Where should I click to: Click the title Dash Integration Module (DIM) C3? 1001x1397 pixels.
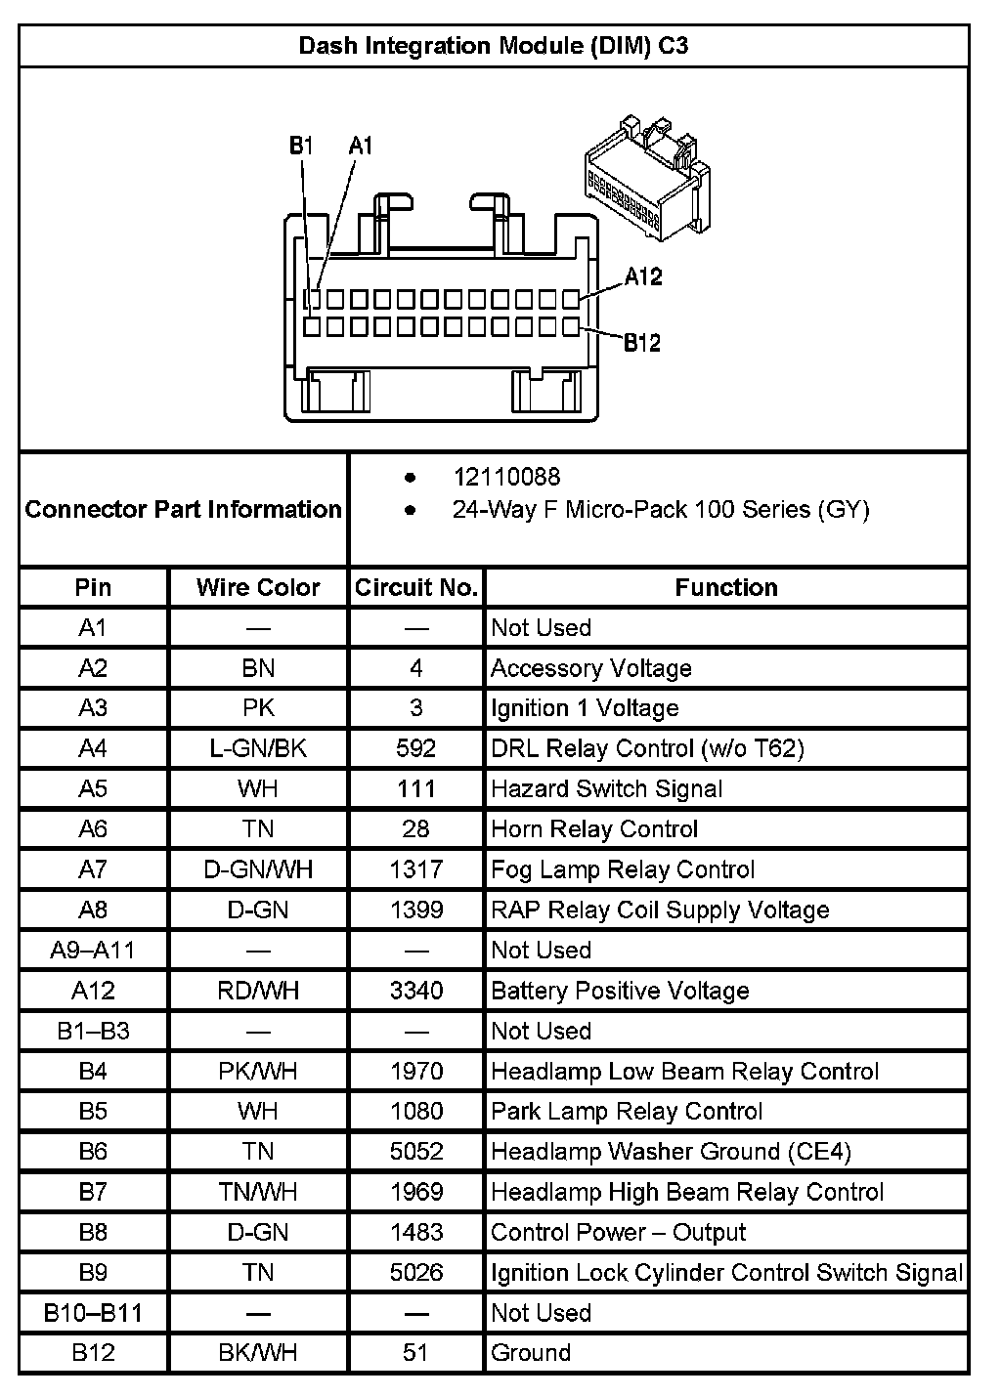494,46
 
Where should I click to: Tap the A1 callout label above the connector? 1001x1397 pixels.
361,146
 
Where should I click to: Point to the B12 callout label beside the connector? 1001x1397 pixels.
642,343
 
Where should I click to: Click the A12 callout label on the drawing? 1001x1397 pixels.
643,276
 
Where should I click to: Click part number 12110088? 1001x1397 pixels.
506,477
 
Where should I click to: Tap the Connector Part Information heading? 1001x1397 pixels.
184,509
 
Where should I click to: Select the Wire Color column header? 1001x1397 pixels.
258,587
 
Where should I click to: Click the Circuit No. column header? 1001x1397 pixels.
416,587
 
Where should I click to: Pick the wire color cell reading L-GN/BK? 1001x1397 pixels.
258,748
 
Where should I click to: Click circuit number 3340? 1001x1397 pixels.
416,991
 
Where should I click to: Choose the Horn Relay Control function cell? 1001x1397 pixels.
594,829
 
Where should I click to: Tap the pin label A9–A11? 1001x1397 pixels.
93,950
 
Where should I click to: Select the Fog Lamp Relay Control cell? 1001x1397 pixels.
623,869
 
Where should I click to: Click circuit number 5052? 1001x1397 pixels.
416,1152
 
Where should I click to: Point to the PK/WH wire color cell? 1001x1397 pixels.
258,1071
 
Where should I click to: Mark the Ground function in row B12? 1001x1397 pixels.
531,1353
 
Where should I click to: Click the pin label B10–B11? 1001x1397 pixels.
93,1313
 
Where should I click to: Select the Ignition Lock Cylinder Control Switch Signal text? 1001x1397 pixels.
726,1273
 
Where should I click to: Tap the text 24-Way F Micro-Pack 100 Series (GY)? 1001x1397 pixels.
661,509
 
